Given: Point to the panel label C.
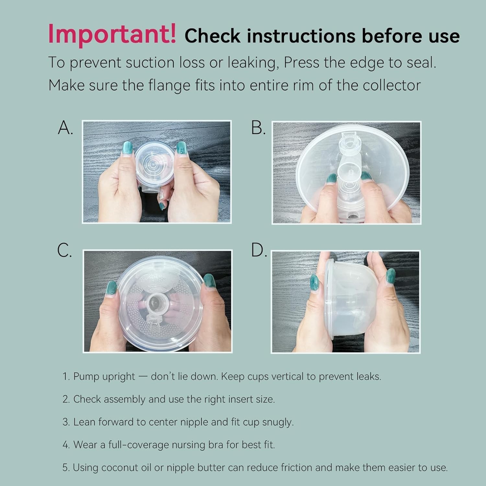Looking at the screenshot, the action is click(x=64, y=250).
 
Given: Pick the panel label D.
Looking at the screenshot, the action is click(x=259, y=250).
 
